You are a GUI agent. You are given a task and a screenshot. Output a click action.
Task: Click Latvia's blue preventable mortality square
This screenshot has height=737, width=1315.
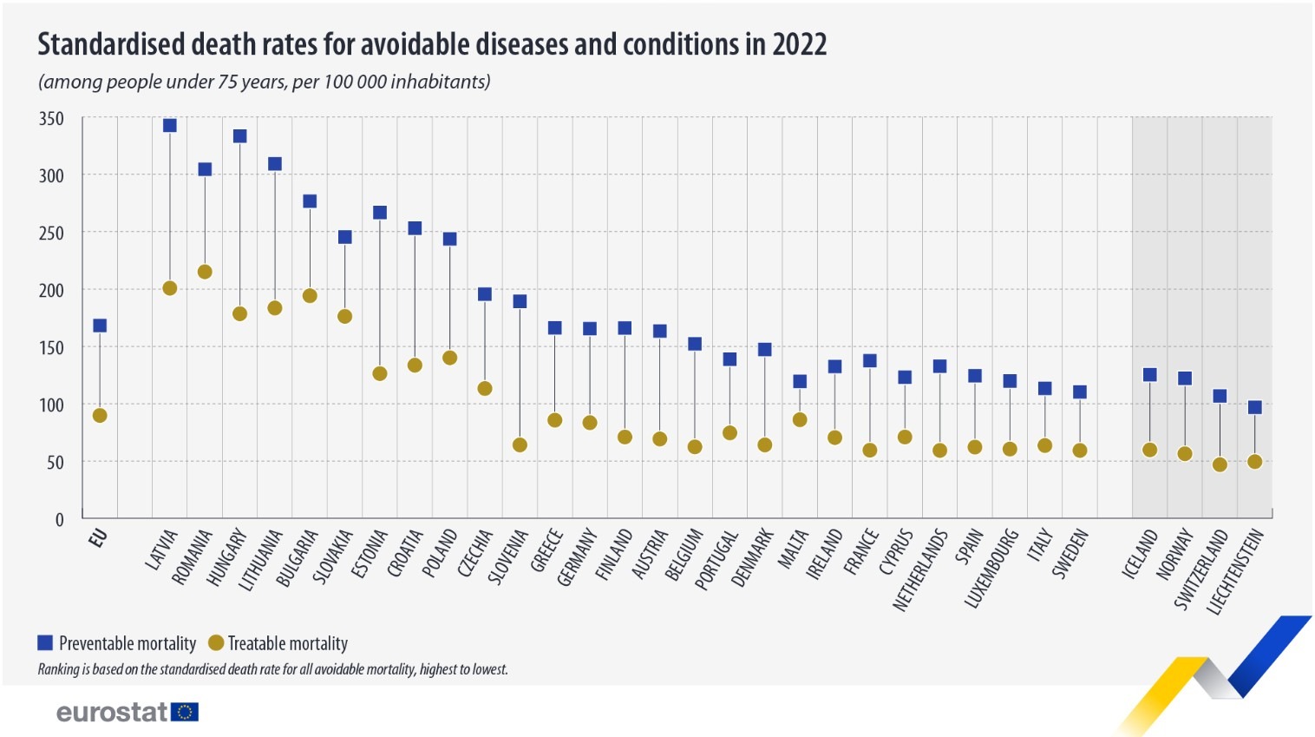170,125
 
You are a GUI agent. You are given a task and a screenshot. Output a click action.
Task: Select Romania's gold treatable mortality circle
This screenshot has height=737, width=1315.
205,272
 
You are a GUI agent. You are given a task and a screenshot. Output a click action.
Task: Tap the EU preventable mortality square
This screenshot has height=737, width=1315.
100,326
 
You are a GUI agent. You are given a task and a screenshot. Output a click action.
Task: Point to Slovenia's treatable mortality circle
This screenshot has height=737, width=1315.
520,444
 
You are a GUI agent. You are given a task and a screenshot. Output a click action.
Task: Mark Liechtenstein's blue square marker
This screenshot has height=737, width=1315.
1254,407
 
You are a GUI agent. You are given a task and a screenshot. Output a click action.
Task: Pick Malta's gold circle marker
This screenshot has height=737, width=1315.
800,419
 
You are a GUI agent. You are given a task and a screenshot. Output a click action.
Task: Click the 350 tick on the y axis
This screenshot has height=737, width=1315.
52,119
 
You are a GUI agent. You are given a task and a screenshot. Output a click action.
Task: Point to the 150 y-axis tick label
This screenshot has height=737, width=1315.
52,347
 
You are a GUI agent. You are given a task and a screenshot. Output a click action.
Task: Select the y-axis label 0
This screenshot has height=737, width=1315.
59,519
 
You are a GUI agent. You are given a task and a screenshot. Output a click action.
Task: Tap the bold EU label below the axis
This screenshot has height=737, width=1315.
97,538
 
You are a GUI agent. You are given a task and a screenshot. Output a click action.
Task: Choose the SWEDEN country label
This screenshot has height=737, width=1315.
1070,554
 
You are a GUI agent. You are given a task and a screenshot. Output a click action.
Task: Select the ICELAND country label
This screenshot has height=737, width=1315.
1140,554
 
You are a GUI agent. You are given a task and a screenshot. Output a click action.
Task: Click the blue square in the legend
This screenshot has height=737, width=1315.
45,642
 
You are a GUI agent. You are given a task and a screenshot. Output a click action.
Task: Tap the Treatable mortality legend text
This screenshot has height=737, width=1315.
287,643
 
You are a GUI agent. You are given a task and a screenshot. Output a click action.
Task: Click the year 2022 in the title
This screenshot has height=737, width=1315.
799,44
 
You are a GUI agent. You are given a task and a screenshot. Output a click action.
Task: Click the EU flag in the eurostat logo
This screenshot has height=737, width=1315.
185,712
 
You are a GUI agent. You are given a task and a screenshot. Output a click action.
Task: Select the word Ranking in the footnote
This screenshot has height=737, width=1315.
58,669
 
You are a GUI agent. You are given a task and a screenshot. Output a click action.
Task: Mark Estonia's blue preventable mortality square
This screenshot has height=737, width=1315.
380,213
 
